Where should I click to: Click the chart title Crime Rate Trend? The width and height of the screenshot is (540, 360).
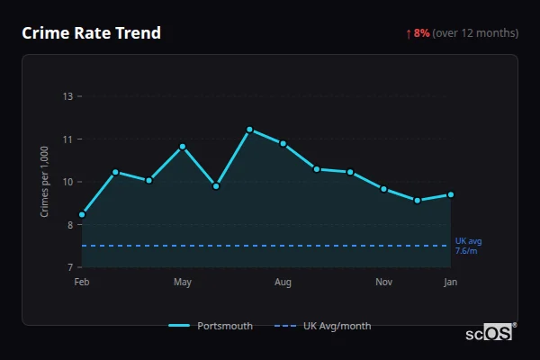pyautogui.click(x=91, y=33)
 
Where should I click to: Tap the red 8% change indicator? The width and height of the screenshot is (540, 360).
pyautogui.click(x=418, y=33)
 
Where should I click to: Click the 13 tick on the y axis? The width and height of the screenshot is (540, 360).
pyautogui.click(x=67, y=96)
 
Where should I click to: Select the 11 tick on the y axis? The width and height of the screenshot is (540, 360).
pyautogui.click(x=67, y=139)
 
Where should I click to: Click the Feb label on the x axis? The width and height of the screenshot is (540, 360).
pyautogui.click(x=82, y=283)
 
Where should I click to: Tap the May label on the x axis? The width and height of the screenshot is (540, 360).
pyautogui.click(x=183, y=283)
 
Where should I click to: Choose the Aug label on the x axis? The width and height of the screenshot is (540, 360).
pyautogui.click(x=283, y=283)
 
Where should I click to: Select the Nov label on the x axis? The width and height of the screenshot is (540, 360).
pyautogui.click(x=383, y=283)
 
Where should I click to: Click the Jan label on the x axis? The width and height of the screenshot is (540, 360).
pyautogui.click(x=450, y=283)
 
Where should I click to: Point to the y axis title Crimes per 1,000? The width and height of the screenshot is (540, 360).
pyautogui.click(x=45, y=182)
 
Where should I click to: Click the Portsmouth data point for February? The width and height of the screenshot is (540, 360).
pyautogui.click(x=82, y=214)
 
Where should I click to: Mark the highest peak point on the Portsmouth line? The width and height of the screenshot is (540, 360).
pyautogui.click(x=249, y=130)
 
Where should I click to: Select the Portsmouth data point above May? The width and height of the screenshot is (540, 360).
pyautogui.click(x=183, y=146)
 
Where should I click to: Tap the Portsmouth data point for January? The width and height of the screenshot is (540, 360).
pyautogui.click(x=450, y=194)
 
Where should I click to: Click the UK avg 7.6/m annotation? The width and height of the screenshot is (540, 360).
pyautogui.click(x=468, y=246)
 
